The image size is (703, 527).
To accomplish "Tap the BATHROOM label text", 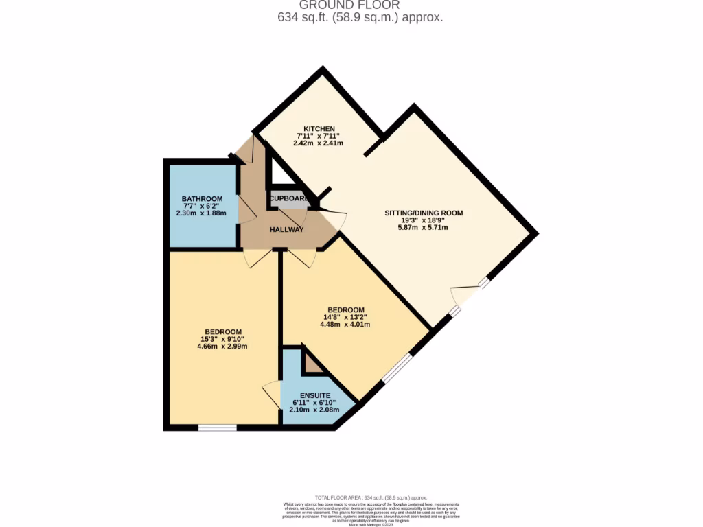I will [x=197, y=199].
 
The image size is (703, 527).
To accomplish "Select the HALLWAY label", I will [x=286, y=229].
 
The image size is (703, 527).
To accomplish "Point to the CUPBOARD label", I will [x=289, y=198].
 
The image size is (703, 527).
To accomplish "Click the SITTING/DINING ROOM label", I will [x=423, y=213].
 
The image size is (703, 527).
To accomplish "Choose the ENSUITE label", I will [x=314, y=396].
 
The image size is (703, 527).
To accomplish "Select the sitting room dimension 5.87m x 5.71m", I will [x=423, y=228].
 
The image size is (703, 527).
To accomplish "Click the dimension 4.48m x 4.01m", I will [x=345, y=325].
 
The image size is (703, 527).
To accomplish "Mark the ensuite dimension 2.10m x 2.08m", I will [x=314, y=410].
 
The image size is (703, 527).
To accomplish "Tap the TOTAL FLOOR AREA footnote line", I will [x=371, y=497].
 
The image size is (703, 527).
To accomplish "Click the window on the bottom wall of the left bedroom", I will [x=217, y=428].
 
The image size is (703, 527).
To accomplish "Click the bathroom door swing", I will [x=244, y=211].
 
